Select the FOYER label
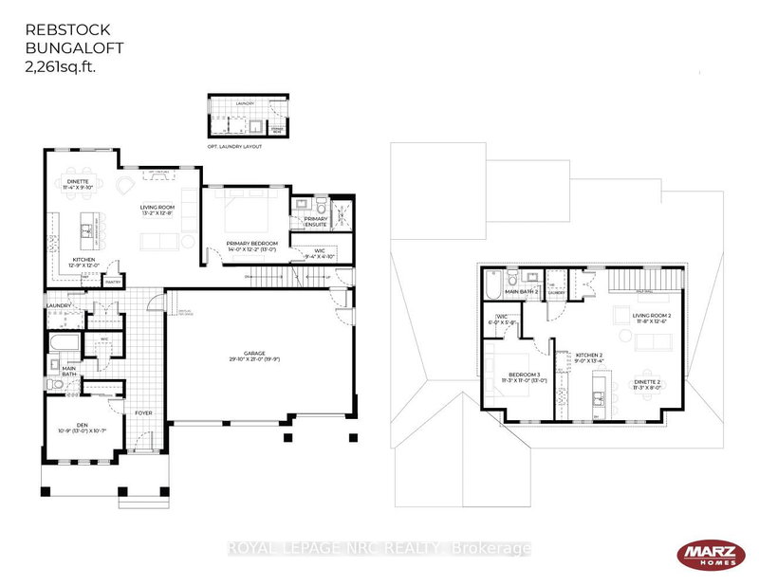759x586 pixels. [x=143, y=413]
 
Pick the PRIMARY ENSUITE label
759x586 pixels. [x=315, y=222]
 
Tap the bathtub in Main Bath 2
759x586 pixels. [x=494, y=284]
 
